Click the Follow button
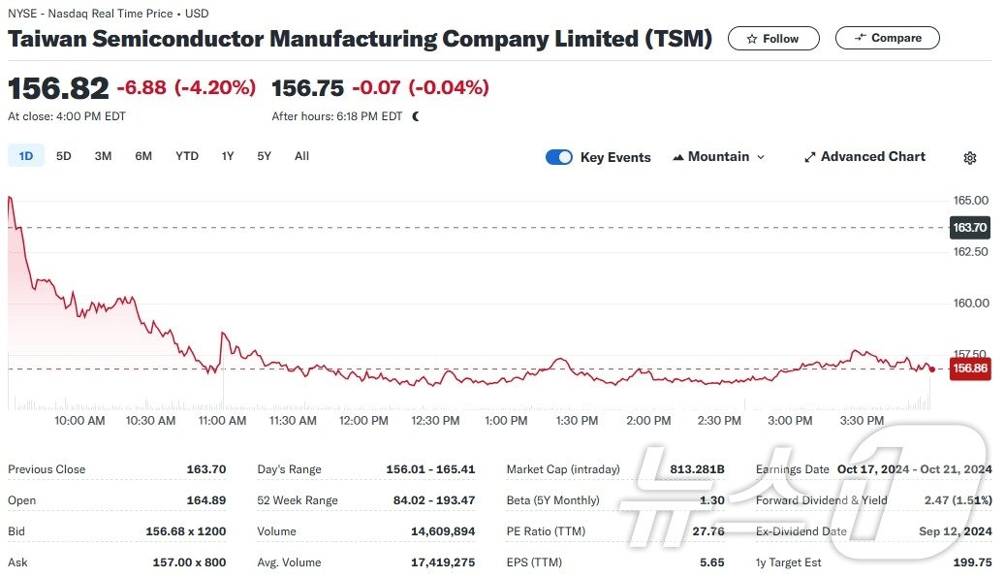click(x=773, y=39)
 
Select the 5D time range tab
click(x=64, y=156)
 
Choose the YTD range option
click(x=187, y=156)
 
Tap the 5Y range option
click(x=265, y=156)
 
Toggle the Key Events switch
click(x=559, y=157)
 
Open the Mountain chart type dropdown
click(x=718, y=157)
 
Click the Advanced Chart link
click(x=864, y=157)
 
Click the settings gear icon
click(x=969, y=158)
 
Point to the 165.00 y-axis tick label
click(x=971, y=201)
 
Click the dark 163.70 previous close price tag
click(x=970, y=228)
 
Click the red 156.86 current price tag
click(x=970, y=369)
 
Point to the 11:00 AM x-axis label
click(x=223, y=421)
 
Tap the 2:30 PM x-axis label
click(x=719, y=421)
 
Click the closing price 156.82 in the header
click(x=58, y=88)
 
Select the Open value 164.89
click(x=205, y=500)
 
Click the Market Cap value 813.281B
click(x=697, y=469)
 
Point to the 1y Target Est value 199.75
click(x=972, y=562)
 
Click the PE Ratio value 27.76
click(x=709, y=531)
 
